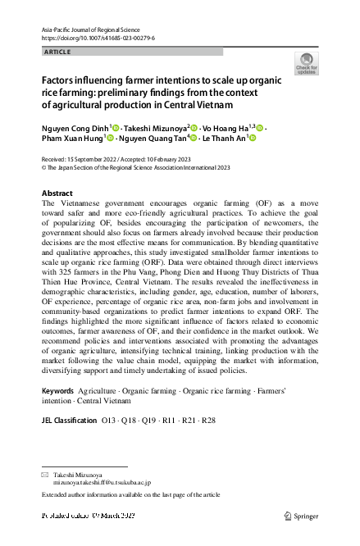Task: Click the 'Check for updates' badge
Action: pyautogui.click(x=306, y=63)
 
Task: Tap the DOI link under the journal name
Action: pyautogui.click(x=97, y=38)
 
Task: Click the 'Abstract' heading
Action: pyautogui.click(x=57, y=193)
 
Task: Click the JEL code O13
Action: pyautogui.click(x=108, y=421)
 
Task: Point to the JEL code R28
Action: pyautogui.click(x=208, y=421)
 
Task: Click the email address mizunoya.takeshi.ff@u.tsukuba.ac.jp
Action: pyautogui.click(x=103, y=484)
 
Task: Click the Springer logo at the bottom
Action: pyautogui.click(x=300, y=516)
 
